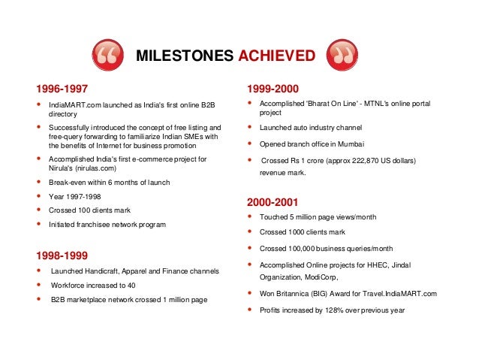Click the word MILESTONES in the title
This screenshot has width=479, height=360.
[x=185, y=56]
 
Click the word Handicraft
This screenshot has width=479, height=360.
[x=104, y=271]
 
